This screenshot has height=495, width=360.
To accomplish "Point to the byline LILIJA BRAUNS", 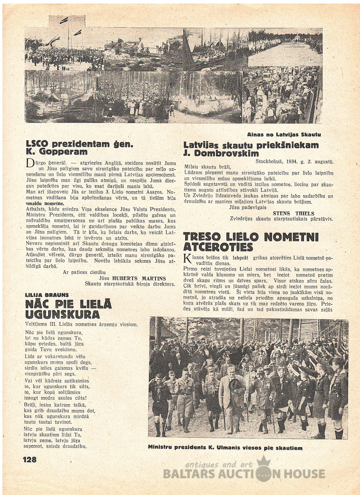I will click(x=46, y=295).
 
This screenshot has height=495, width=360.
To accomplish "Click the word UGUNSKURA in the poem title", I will click(x=62, y=315).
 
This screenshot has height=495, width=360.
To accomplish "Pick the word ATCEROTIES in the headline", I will click(x=218, y=247).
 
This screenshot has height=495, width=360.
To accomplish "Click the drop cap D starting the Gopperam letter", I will click(x=29, y=164).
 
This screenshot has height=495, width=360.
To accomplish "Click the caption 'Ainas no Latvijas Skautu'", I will click(x=284, y=134).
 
